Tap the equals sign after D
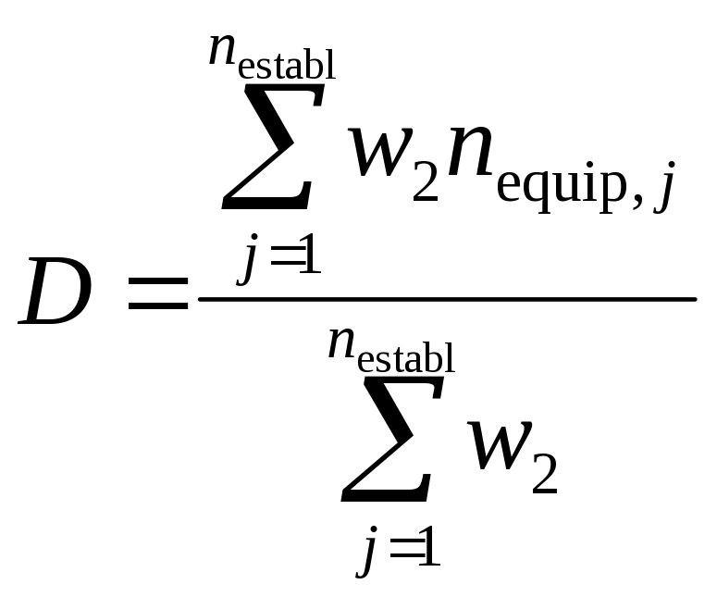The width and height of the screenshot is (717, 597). click(157, 298)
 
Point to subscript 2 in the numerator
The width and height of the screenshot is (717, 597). click(425, 180)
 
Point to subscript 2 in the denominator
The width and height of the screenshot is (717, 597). click(545, 478)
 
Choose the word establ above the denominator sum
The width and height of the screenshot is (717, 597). click(406, 356)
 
